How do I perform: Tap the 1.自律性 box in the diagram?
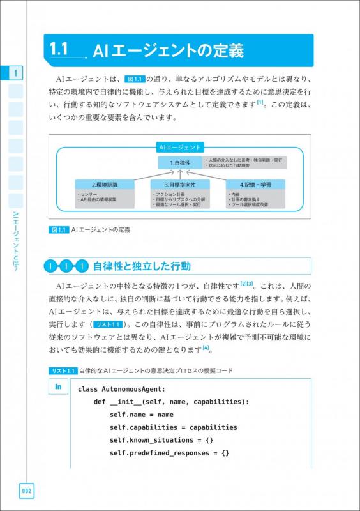coord(181,163)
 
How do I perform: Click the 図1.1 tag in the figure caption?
coord(58,229)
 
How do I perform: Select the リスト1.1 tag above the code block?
coord(63,370)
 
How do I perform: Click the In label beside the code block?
coord(58,386)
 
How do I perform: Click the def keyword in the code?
coord(100,402)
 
